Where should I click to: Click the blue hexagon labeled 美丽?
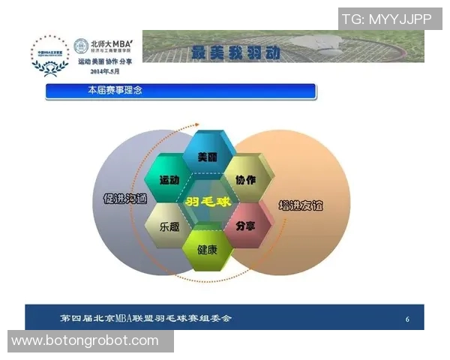click(x=207, y=157)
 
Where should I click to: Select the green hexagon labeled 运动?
click(x=169, y=180)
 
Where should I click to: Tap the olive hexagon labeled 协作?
click(x=245, y=180)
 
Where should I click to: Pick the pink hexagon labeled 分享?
click(x=245, y=225)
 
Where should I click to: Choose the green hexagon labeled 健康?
click(x=207, y=248)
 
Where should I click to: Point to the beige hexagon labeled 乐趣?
click(x=169, y=225)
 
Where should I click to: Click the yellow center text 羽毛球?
click(x=207, y=202)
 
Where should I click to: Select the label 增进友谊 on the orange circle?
click(x=300, y=204)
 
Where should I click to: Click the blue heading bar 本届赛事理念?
click(x=180, y=91)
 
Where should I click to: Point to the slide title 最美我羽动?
click(x=235, y=52)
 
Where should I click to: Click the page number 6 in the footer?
click(x=407, y=319)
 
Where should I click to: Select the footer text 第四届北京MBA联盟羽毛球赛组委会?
click(x=146, y=318)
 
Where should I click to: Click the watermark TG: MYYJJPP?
click(x=386, y=19)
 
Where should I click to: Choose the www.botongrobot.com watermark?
click(x=85, y=340)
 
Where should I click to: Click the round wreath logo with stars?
click(x=49, y=55)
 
